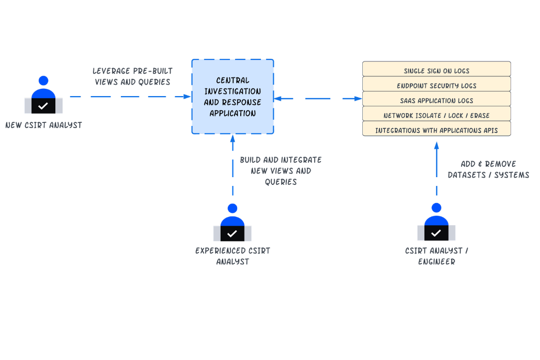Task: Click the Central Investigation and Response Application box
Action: coord(233,97)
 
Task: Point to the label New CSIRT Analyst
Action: coord(43,125)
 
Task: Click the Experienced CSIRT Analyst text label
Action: coord(233,256)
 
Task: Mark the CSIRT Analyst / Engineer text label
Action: coord(436,256)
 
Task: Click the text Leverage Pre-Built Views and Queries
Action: coord(132,76)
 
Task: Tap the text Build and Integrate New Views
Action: coord(281,171)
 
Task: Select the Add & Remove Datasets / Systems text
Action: coord(488,170)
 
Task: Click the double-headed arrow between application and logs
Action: coord(318,98)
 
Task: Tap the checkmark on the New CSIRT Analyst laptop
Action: coord(43,106)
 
